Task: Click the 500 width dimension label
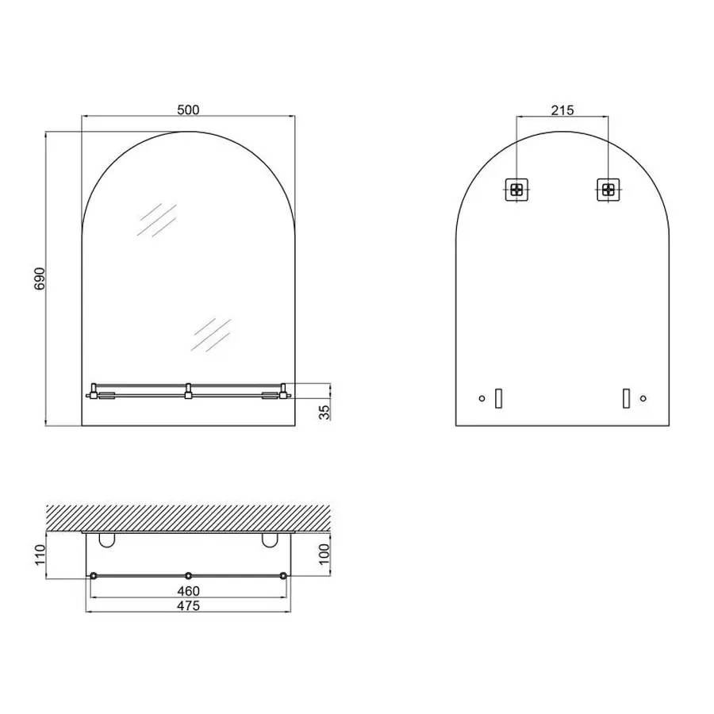[188, 109]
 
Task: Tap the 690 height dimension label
[40, 278]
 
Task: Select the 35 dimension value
[324, 412]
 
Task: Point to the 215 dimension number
[562, 110]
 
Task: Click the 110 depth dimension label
[40, 555]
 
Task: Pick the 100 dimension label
[324, 555]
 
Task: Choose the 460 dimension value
[188, 591]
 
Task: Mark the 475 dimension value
[188, 605]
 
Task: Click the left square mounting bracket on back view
[516, 190]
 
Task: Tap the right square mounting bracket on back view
[608, 190]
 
